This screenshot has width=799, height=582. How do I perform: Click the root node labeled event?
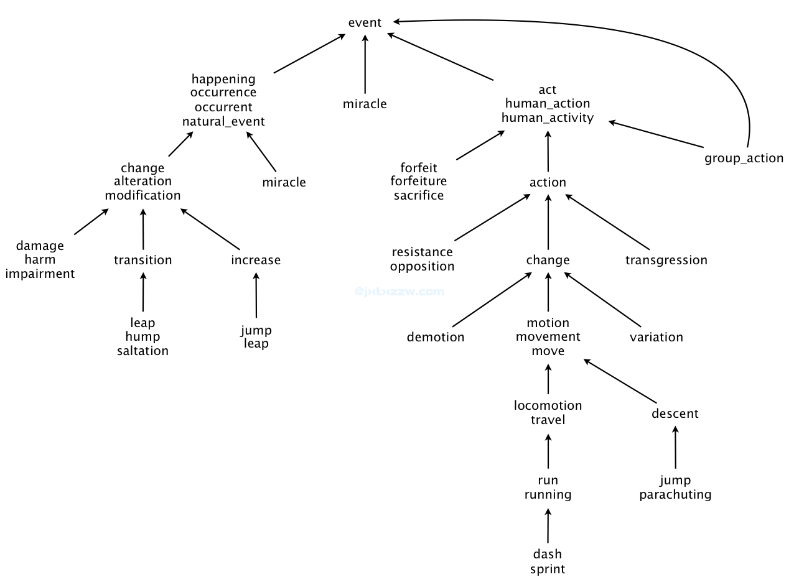(x=365, y=23)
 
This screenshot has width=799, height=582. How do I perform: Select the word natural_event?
(x=223, y=121)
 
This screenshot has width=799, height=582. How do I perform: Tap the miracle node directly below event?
(x=365, y=104)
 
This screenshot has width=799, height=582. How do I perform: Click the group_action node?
(x=744, y=158)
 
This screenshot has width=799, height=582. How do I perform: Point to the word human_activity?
(x=548, y=118)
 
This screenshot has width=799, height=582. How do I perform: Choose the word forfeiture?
(x=418, y=182)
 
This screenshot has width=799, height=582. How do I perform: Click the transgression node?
(x=666, y=260)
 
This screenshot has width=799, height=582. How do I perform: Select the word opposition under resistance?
(x=423, y=267)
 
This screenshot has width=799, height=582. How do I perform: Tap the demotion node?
(x=436, y=337)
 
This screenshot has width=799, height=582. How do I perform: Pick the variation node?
(x=656, y=337)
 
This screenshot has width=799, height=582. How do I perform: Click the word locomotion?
(x=548, y=405)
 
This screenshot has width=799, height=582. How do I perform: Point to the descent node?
(x=675, y=413)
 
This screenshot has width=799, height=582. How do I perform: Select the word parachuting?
(x=675, y=495)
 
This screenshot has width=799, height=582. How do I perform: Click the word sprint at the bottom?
(x=548, y=569)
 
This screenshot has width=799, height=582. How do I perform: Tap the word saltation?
(x=143, y=351)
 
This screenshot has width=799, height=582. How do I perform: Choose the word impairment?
(x=40, y=274)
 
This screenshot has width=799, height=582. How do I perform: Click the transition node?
(x=143, y=260)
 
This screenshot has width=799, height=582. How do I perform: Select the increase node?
(x=256, y=260)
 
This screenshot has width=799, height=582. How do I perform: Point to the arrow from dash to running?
(x=548, y=525)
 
